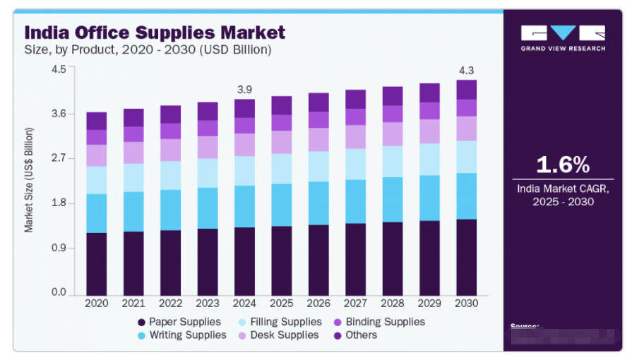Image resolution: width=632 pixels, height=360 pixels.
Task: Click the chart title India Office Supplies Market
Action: point(155,32)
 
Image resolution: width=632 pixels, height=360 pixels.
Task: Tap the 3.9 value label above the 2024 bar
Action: point(244,90)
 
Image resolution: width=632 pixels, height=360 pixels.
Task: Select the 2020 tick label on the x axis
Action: point(96,303)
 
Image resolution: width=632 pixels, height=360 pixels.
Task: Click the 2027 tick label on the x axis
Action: point(354,303)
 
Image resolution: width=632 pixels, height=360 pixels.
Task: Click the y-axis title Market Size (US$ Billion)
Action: point(29,181)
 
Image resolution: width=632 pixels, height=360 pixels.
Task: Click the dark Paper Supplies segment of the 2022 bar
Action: point(170,262)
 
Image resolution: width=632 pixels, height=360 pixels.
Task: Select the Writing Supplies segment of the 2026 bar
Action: point(318,203)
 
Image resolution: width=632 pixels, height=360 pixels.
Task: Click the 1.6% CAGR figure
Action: point(563,164)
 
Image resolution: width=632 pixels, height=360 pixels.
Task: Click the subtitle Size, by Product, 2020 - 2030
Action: point(148,50)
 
